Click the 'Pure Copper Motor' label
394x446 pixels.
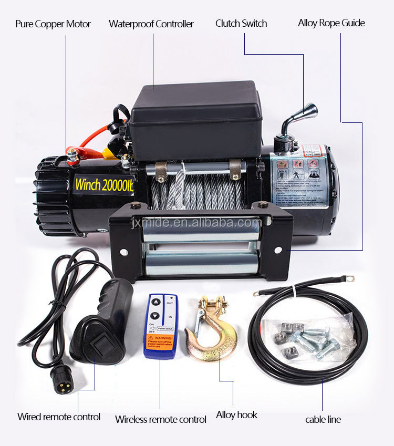pos(53,24)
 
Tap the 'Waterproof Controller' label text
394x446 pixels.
pos(151,24)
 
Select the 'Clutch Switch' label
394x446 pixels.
pos(241,24)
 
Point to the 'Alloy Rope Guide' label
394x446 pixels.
pos(331,23)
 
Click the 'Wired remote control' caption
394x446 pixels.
pos(59,417)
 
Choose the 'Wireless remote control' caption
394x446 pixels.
pos(161,419)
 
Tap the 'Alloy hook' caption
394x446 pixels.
pos(236,415)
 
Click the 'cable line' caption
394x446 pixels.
pos(323,419)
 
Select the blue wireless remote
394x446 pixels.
pos(161,326)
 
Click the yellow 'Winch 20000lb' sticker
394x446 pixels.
pos(104,185)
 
